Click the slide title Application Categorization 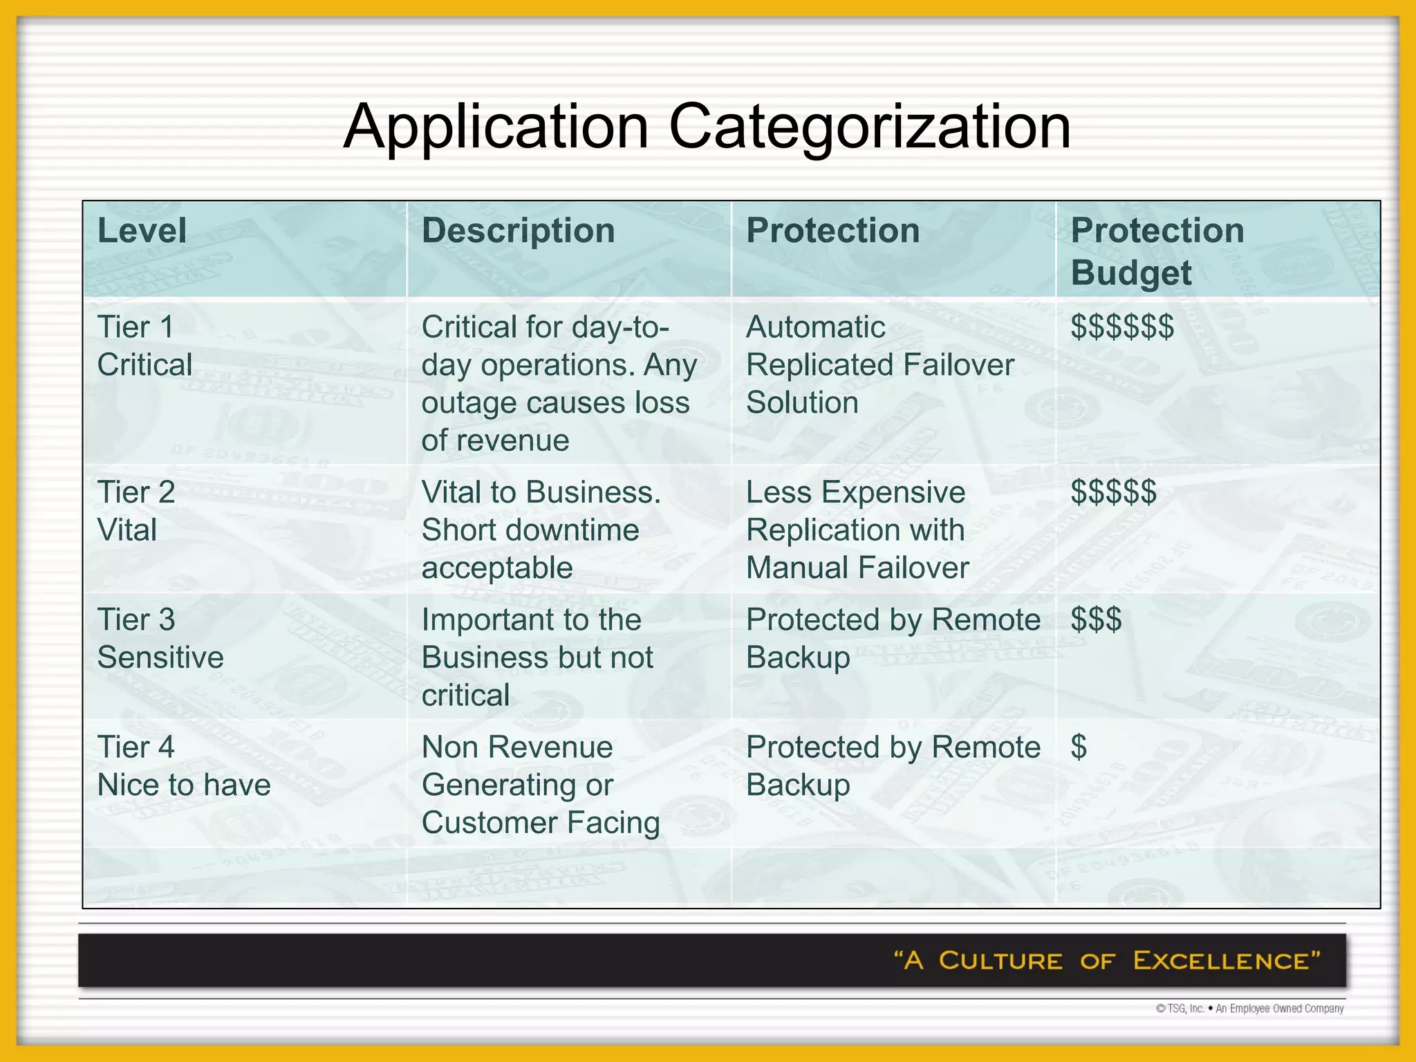coord(707,126)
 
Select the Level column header coord(142,230)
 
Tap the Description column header coord(518,230)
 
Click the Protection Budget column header coord(1157,251)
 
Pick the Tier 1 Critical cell coord(145,346)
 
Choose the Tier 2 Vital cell coord(136,511)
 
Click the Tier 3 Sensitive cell coord(160,638)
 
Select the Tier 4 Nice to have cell coord(184,766)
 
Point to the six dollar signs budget coord(1121,327)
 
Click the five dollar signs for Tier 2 coord(1113,492)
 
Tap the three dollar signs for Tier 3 coord(1096,619)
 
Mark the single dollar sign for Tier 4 coord(1079,747)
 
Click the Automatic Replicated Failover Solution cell coord(879,364)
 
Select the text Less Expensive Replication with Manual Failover coord(857,530)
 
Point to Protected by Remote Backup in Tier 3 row coord(893,638)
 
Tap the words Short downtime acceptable coord(530,549)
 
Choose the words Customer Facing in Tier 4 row coord(541,823)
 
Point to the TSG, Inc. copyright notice coord(1249,1009)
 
